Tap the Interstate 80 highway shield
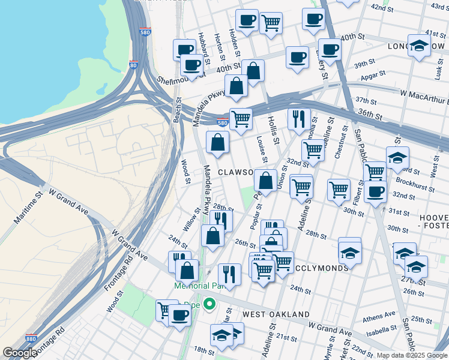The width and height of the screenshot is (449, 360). click(133, 65)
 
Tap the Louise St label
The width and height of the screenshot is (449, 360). click(262, 150)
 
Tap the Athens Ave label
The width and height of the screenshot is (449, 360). click(379, 316)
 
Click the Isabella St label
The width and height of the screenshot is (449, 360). click(384, 329)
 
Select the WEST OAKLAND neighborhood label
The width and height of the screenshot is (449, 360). click(276, 314)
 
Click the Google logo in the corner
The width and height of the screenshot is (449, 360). click(20, 353)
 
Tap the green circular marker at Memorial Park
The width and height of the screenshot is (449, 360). click(209, 304)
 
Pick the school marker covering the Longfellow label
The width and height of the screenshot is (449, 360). click(418, 46)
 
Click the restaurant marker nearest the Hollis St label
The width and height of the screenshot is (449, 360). click(298, 118)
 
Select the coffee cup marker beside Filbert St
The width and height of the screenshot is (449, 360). click(375, 192)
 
